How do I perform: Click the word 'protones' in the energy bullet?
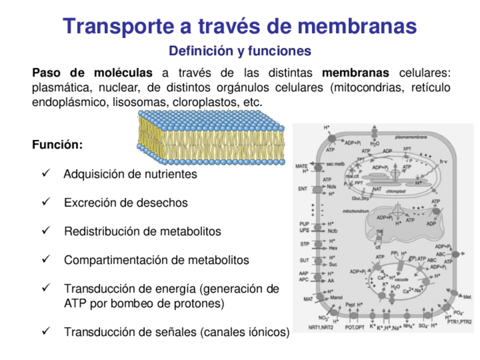pos(201,303)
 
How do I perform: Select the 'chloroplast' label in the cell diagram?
pos(397,191)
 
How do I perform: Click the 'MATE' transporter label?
pos(302,166)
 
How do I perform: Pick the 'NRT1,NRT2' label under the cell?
pos(320,327)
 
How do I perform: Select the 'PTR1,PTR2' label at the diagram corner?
pos(458,322)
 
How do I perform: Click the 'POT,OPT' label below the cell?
pos(355,327)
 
